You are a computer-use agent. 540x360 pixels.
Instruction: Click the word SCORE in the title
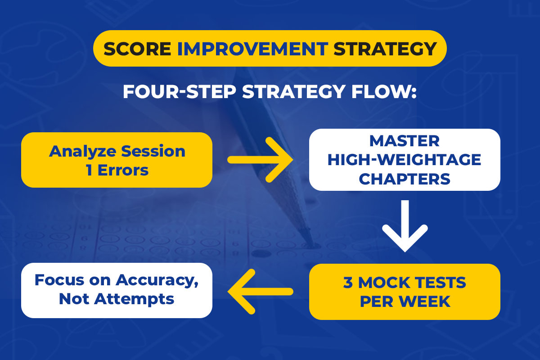pos(137,49)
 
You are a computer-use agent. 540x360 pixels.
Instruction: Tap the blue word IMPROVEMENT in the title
pos(252,49)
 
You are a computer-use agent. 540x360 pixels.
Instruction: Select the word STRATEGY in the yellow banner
pos(385,49)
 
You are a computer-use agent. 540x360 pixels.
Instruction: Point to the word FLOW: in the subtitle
pos(384,92)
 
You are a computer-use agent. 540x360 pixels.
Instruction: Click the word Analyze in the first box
pos(83,152)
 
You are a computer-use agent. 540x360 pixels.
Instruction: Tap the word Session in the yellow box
pos(153,152)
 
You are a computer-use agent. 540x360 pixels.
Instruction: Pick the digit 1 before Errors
pos(89,170)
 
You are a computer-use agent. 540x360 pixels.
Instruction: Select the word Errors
pos(123,170)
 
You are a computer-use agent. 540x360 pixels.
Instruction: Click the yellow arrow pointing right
pos(261,160)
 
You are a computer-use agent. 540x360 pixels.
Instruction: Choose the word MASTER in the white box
pos(405,141)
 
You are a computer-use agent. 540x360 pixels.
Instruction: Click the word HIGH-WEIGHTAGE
pos(404,160)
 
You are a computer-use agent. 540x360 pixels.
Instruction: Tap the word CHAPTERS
pos(405,179)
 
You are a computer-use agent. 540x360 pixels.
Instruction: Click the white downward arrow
pos(405,226)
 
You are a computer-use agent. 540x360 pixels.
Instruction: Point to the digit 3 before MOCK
pos(348,283)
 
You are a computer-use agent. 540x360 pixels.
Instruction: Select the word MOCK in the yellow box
pos(384,283)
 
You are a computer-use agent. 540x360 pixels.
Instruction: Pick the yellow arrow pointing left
pos(261,292)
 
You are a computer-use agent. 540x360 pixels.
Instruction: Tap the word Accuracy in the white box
pos(157,281)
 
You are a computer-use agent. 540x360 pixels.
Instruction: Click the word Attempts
pos(134,299)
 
